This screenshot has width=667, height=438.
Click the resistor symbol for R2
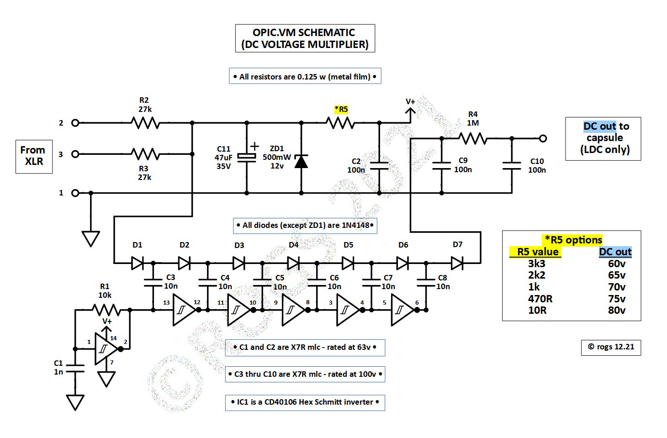pyautogui.click(x=145, y=123)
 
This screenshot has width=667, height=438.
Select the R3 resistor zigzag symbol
pyautogui.click(x=145, y=154)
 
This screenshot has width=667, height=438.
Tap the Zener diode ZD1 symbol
pyautogui.click(x=301, y=161)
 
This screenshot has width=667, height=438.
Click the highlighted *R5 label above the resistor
pyautogui.click(x=341, y=109)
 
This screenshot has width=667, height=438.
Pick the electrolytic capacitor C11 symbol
pyautogui.click(x=247, y=156)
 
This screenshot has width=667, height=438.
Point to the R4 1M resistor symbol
pyautogui.click(x=473, y=138)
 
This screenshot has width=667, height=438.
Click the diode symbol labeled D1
pyautogui.click(x=138, y=263)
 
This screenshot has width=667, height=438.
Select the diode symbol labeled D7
pyautogui.click(x=457, y=263)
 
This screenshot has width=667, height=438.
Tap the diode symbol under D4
pyautogui.click(x=293, y=263)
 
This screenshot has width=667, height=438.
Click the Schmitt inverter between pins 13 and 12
pyautogui.click(x=183, y=310)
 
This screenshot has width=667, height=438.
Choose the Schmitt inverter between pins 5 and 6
pyautogui.click(x=401, y=310)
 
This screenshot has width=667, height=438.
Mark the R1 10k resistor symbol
pyautogui.click(x=106, y=310)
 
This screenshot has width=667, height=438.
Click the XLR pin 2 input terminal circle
pyautogui.click(x=75, y=123)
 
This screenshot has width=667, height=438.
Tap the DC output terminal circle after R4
pyautogui.click(x=543, y=138)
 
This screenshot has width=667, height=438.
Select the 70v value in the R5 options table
pyautogui.click(x=616, y=287)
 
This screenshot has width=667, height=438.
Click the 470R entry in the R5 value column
pyautogui.click(x=540, y=299)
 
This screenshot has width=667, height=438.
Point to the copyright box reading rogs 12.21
pyautogui.click(x=611, y=347)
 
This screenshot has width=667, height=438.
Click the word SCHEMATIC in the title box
pyautogui.click(x=326, y=33)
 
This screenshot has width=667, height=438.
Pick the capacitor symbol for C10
pyautogui.click(x=512, y=165)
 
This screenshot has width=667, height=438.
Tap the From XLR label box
pyautogui.click(x=34, y=156)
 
